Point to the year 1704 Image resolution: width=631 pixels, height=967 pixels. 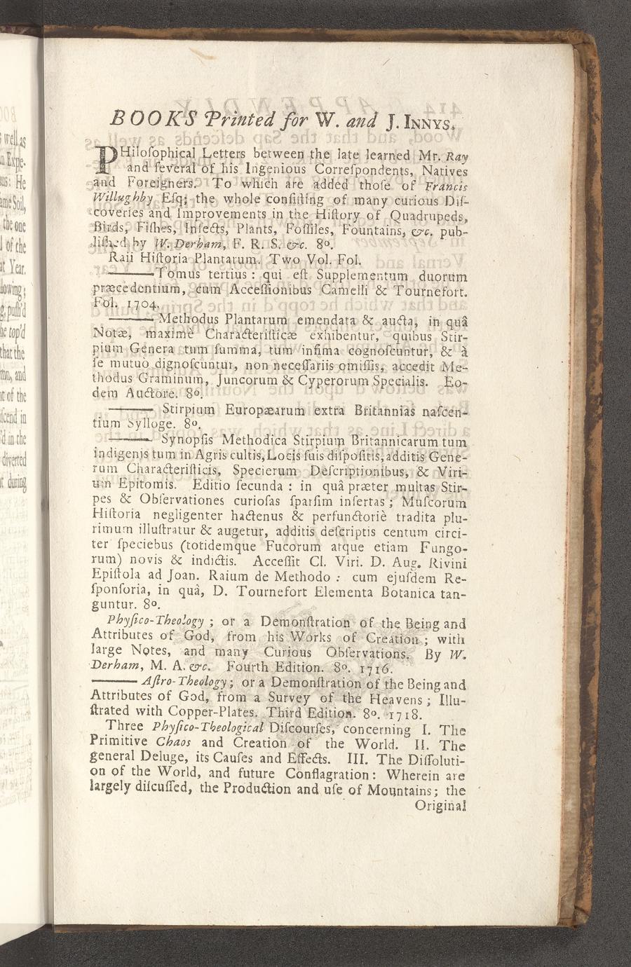point(145,305)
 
